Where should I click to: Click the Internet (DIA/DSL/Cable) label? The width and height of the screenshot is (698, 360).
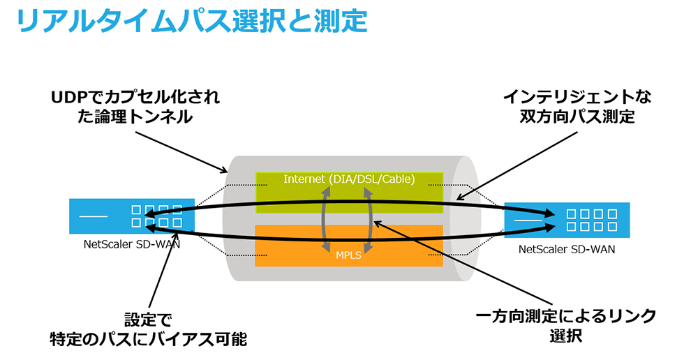tap(349, 179)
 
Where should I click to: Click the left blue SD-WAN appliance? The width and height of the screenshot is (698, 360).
tap(132, 216)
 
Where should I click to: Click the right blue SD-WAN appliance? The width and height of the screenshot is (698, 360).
tap(566, 220)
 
